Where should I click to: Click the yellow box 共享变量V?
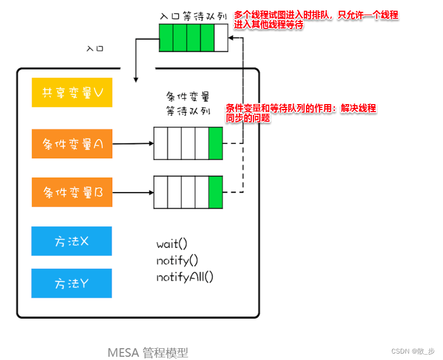tap(72, 92)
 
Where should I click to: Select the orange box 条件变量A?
tap(72, 144)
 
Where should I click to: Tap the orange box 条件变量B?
tap(72, 192)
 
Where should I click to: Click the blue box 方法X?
tap(71, 241)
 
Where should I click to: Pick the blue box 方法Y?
tap(71, 283)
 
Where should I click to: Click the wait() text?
tap(172, 244)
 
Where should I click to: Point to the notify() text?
tap(177, 261)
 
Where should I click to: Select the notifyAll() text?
tap(185, 277)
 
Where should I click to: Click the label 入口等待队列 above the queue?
tap(193, 17)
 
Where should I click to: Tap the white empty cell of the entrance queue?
tap(221, 39)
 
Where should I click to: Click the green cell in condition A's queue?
tap(215, 143)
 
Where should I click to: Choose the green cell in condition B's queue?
tap(215, 192)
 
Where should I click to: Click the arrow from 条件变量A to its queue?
tap(133, 144)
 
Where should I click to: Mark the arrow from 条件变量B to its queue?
tap(133, 192)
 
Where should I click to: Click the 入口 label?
tap(95, 48)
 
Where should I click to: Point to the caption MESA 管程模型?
tap(148, 352)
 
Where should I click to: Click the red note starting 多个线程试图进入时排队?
tap(316, 20)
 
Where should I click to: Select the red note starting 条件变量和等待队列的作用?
tap(301, 113)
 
